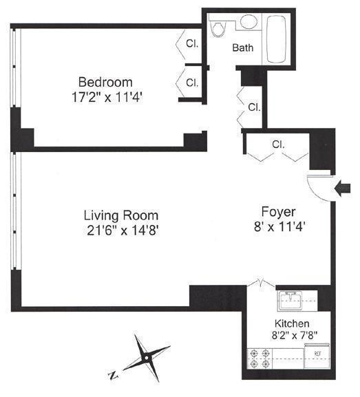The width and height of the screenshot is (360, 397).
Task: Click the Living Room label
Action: click(x=122, y=214)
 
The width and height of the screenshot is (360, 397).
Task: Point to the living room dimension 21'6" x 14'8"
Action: click(x=122, y=229)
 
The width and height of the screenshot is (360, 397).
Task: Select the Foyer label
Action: click(x=278, y=211)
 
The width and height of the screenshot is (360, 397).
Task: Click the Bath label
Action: click(x=242, y=48)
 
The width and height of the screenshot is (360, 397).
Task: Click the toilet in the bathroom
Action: click(x=220, y=28)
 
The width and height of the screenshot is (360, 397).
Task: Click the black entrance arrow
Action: click(x=341, y=186)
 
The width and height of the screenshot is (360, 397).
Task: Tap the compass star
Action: click(x=147, y=357)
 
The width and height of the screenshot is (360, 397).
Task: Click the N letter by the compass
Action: click(x=112, y=376)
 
